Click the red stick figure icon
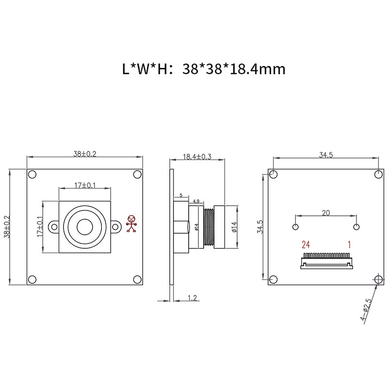point(131,224)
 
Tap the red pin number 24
point(306,245)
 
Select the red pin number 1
point(349,245)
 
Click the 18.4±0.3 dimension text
point(197,157)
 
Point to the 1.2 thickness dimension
point(192,298)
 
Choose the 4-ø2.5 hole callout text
point(366,310)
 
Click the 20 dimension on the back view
point(326,213)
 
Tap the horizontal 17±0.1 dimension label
point(85,185)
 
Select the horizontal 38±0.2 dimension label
point(84,154)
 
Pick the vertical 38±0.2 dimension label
point(7,226)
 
